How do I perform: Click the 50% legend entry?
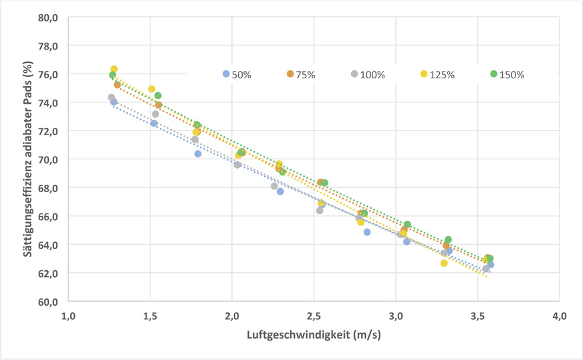(237, 74)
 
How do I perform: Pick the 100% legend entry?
(368, 74)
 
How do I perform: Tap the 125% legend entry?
(437, 74)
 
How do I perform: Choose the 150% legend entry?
(507, 74)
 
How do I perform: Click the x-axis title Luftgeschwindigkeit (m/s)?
(313, 335)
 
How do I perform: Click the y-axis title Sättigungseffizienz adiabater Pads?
(29, 159)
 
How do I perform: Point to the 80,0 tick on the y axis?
(48, 17)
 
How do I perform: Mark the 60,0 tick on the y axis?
(48, 302)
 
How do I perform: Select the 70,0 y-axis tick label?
(48, 160)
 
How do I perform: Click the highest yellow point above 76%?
(114, 69)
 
